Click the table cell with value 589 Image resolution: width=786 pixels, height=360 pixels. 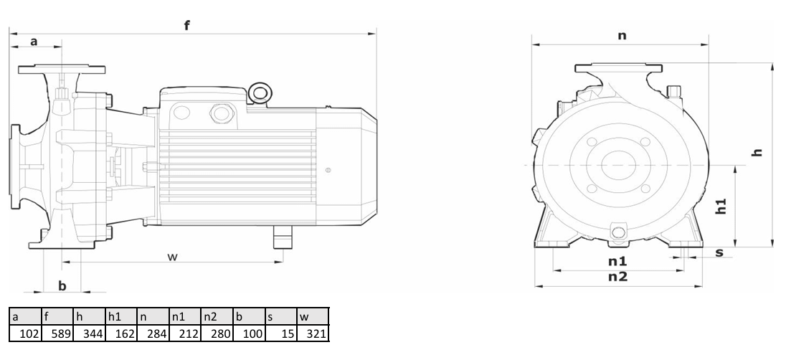pos(57,333)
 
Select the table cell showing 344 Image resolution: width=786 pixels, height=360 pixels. pos(89,333)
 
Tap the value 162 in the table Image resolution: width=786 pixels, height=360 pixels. pos(121,333)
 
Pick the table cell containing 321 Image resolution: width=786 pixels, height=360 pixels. pos(313,333)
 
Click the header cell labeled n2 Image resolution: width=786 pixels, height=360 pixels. pos(217,316)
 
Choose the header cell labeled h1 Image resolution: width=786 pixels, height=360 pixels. pos(121,316)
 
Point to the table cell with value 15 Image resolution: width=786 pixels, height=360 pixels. pos(280,333)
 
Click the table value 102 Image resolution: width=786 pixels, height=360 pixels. pos(26,333)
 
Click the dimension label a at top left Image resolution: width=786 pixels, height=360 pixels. pos(34,41)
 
